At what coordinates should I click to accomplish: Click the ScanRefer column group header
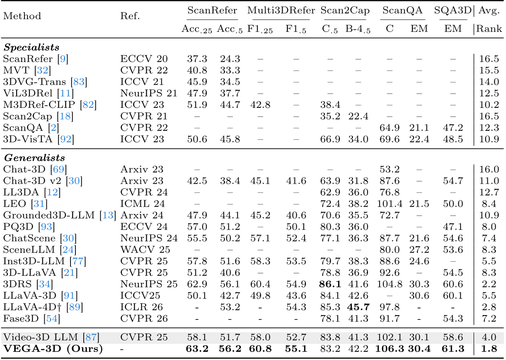pos(212,11)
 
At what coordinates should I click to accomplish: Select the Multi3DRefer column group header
pos(278,11)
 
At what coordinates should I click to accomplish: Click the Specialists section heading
pos(31,47)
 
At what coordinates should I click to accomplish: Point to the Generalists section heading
pos(34,158)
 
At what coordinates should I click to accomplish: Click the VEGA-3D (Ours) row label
pos(53,348)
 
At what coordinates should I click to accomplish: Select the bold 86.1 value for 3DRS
pos(330,284)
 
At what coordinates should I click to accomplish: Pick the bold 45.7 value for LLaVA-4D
pos(358,307)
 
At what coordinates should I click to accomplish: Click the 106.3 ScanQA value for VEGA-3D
pos(390,348)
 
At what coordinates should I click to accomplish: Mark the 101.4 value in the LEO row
pos(389,204)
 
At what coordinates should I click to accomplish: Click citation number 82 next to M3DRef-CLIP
pos(88,105)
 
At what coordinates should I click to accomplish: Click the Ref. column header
pos(130,17)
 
